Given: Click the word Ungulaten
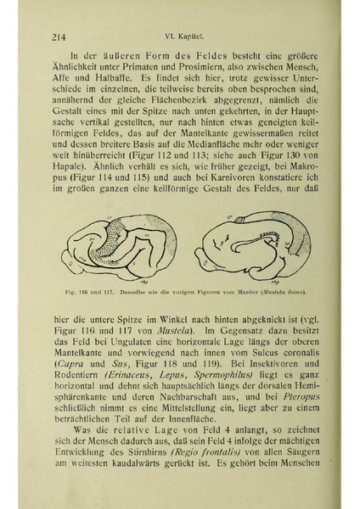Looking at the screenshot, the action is click(149, 340).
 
